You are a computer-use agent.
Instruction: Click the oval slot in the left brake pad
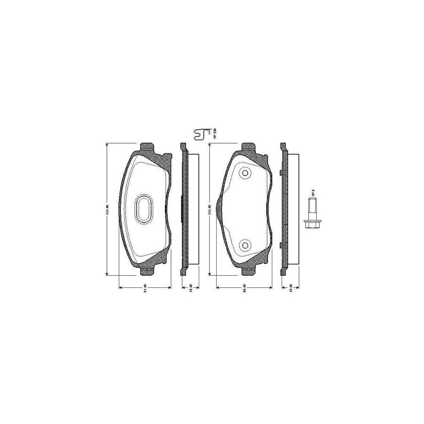(x=144, y=209)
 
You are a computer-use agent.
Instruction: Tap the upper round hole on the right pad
(x=245, y=173)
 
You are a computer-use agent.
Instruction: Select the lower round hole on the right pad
(x=245, y=245)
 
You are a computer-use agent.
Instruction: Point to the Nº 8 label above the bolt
(x=312, y=193)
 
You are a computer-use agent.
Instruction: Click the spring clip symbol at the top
(x=202, y=134)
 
